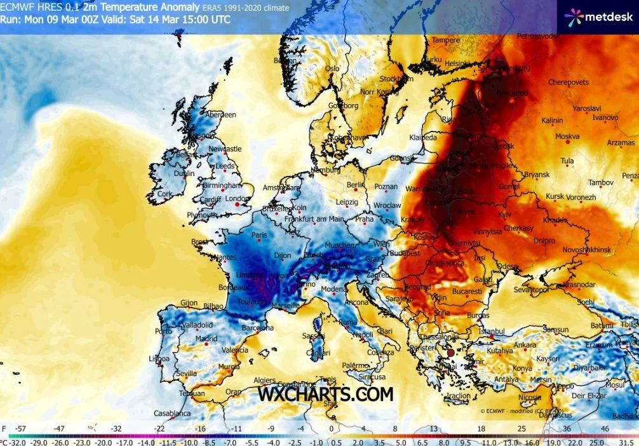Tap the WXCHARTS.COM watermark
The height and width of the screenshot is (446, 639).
click(325, 394)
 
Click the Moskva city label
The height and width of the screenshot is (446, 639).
click(567, 136)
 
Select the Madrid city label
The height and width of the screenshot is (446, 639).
click(206, 339)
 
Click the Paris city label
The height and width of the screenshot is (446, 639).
click(259, 234)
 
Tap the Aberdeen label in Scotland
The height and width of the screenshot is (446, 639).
click(220, 114)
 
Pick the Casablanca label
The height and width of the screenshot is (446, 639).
click(173, 414)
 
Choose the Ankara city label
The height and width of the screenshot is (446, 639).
click(525, 345)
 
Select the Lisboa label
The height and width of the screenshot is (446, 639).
click(159, 359)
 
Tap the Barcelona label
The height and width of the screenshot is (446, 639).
click(258, 328)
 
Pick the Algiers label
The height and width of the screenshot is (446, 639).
click(265, 380)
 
